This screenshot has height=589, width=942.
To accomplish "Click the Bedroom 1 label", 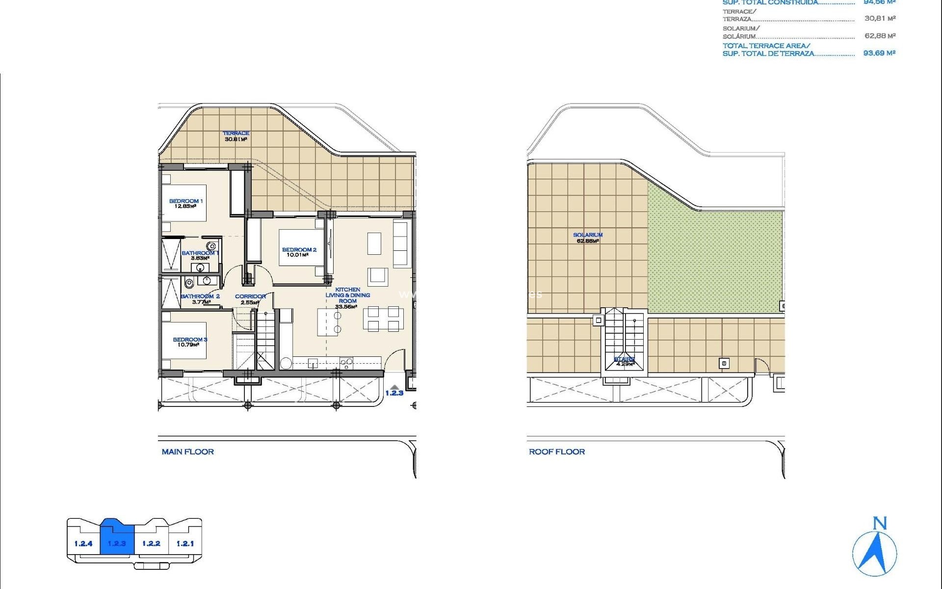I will coord(185,201).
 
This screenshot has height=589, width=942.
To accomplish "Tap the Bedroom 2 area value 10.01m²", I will coord(297,255).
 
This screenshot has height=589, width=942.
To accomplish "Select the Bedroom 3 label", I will coord(189,339).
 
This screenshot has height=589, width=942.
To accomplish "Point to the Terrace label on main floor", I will coord(236,133).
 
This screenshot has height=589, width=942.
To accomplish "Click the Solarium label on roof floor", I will coord(588,235).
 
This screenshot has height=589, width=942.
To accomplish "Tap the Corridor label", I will coord(250,296).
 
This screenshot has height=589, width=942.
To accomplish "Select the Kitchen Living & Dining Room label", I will coord(347,295).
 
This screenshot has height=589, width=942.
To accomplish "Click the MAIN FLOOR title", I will coord(187,452).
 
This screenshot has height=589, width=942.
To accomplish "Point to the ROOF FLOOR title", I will coord(556,452).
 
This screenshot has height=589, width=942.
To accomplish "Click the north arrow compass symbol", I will coord(875,552).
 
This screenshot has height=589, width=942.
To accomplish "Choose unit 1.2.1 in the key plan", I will coord(185,543).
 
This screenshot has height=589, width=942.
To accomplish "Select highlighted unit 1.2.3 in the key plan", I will coord(117,543).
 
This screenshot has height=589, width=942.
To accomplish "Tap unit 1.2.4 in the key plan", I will coord(83,543).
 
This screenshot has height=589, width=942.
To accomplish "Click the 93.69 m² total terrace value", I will coord(879,53).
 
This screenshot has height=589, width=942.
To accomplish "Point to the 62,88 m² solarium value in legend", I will coord(880,36).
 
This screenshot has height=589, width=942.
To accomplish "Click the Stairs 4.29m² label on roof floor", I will coord(625,362).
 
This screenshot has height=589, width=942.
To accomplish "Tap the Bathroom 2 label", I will coord(200,296).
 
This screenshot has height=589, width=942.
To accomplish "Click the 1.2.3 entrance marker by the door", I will coord(394,392).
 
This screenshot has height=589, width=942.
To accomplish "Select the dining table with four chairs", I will coord(383,319).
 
